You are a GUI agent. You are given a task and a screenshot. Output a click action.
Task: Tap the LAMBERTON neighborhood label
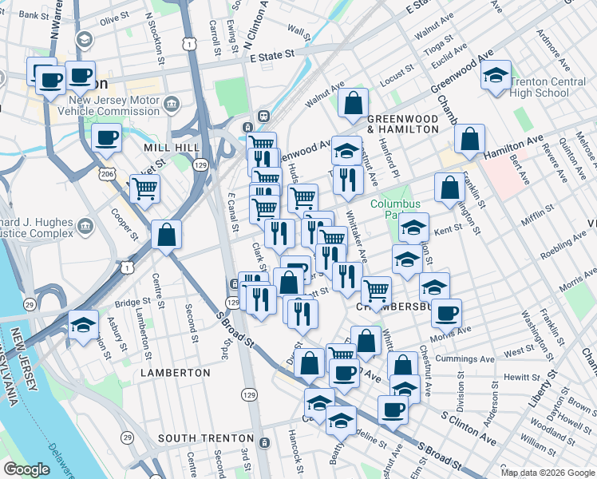[176, 373]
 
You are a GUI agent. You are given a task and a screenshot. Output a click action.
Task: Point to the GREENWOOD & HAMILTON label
[403, 123]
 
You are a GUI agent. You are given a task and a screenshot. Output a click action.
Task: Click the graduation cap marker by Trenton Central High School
[496, 77]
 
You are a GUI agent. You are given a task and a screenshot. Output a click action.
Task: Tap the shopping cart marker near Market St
[144, 189]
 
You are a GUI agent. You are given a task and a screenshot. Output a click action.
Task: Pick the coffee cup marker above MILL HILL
[106, 138]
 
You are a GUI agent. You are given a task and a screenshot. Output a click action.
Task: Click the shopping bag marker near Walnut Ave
[352, 103]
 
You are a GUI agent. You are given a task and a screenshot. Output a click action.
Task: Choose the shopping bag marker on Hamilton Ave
[470, 139]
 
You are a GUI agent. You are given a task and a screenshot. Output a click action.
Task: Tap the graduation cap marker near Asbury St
[83, 325]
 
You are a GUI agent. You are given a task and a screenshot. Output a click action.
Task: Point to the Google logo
[26, 469]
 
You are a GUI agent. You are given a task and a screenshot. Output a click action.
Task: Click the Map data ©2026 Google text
[548, 473]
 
